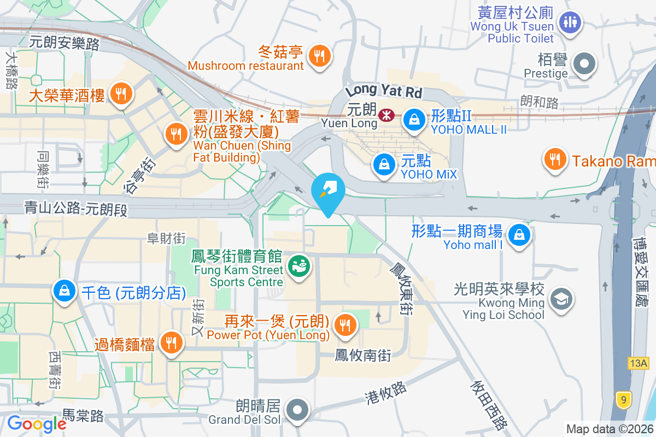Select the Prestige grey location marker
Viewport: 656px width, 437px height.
click(x=584, y=63)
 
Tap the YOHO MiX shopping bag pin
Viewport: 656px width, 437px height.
click(x=384, y=164)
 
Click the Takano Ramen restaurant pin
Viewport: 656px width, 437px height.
click(x=555, y=159)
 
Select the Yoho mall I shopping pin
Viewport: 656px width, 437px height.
click(x=518, y=235)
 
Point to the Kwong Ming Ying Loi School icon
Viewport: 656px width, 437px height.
click(x=561, y=299)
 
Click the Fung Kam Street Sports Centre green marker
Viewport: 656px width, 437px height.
click(x=298, y=267)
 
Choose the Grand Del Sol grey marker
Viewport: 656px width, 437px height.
click(x=298, y=409)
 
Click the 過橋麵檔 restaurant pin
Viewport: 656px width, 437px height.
click(x=172, y=343)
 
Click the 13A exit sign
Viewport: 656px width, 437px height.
click(x=638, y=363)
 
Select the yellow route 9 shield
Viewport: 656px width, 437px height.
click(x=622, y=400)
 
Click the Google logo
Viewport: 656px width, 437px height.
click(x=37, y=424)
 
